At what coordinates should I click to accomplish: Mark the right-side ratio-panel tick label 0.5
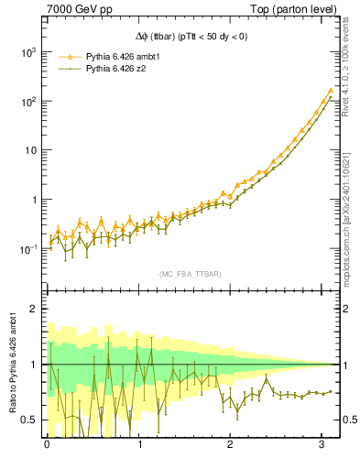(x=349, y=420)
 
